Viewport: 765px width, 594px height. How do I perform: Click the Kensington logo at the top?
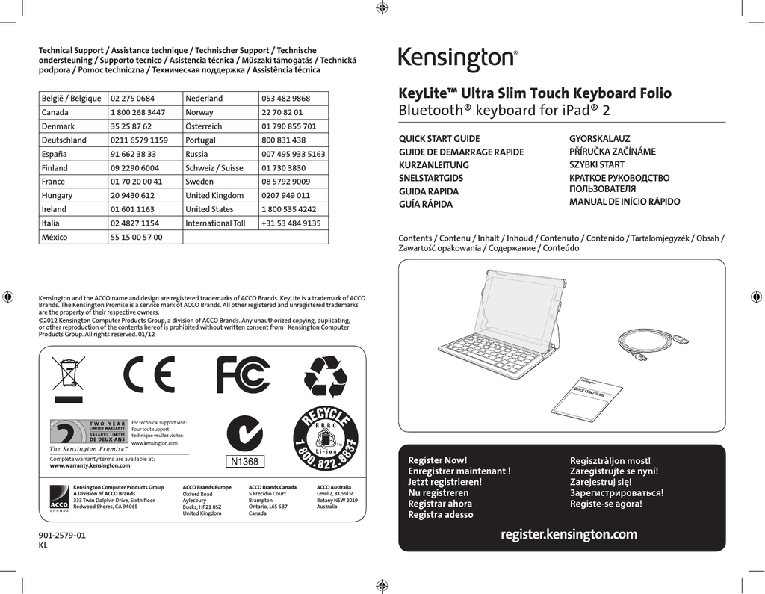coord(457,59)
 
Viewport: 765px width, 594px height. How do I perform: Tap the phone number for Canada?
coord(137,112)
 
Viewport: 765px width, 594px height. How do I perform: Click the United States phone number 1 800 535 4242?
coord(288,209)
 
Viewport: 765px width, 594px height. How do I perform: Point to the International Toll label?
coord(215,223)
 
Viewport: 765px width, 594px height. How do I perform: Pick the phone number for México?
coord(136,237)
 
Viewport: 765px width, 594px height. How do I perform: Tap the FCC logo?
coord(243,375)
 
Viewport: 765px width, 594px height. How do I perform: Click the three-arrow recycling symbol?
coord(325,376)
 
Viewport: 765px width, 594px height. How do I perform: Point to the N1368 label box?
coord(244,462)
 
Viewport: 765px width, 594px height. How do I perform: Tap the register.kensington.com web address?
coord(569,534)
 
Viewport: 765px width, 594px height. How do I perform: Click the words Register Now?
coord(437,460)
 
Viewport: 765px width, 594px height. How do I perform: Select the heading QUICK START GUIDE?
coord(439,139)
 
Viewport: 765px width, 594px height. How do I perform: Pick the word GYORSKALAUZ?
coord(600,139)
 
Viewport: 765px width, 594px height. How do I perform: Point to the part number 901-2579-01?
coord(62,536)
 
